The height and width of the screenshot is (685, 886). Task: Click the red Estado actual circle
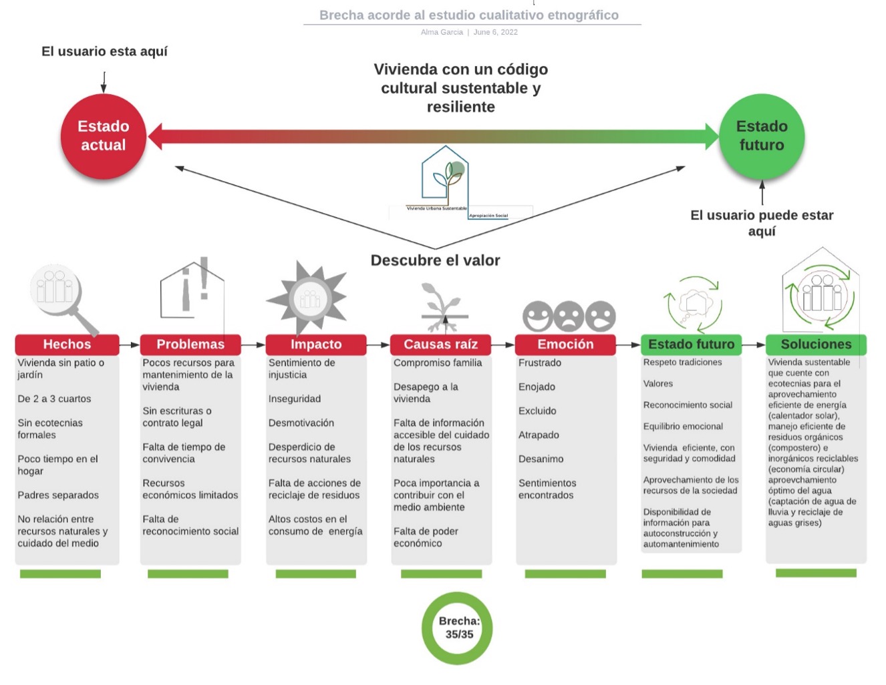pyautogui.click(x=103, y=136)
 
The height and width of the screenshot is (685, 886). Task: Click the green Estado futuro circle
pyautogui.click(x=762, y=136)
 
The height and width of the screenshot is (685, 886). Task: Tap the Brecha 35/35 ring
pyautogui.click(x=458, y=628)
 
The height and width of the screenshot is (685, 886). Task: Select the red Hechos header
pyautogui.click(x=67, y=345)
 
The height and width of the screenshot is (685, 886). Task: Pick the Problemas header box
pyautogui.click(x=190, y=345)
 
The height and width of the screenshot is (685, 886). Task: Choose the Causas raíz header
pyautogui.click(x=441, y=345)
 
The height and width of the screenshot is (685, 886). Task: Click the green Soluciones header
pyautogui.click(x=816, y=345)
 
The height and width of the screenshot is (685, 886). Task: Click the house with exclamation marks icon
pyautogui.click(x=192, y=288)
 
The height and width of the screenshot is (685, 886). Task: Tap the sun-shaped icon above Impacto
pyautogui.click(x=308, y=298)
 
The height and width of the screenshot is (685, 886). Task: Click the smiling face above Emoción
pyautogui.click(x=537, y=316)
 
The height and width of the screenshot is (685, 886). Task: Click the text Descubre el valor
pyautogui.click(x=435, y=260)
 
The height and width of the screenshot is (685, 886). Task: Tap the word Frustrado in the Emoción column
pyautogui.click(x=540, y=363)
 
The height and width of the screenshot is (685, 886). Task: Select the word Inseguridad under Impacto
pyautogui.click(x=295, y=399)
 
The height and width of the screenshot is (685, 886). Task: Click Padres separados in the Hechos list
pyautogui.click(x=58, y=495)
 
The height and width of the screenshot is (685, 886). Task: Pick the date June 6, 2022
pyautogui.click(x=495, y=32)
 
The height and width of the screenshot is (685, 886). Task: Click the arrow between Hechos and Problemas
pyautogui.click(x=130, y=345)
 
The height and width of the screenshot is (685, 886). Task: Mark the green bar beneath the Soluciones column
pyautogui.click(x=816, y=573)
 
